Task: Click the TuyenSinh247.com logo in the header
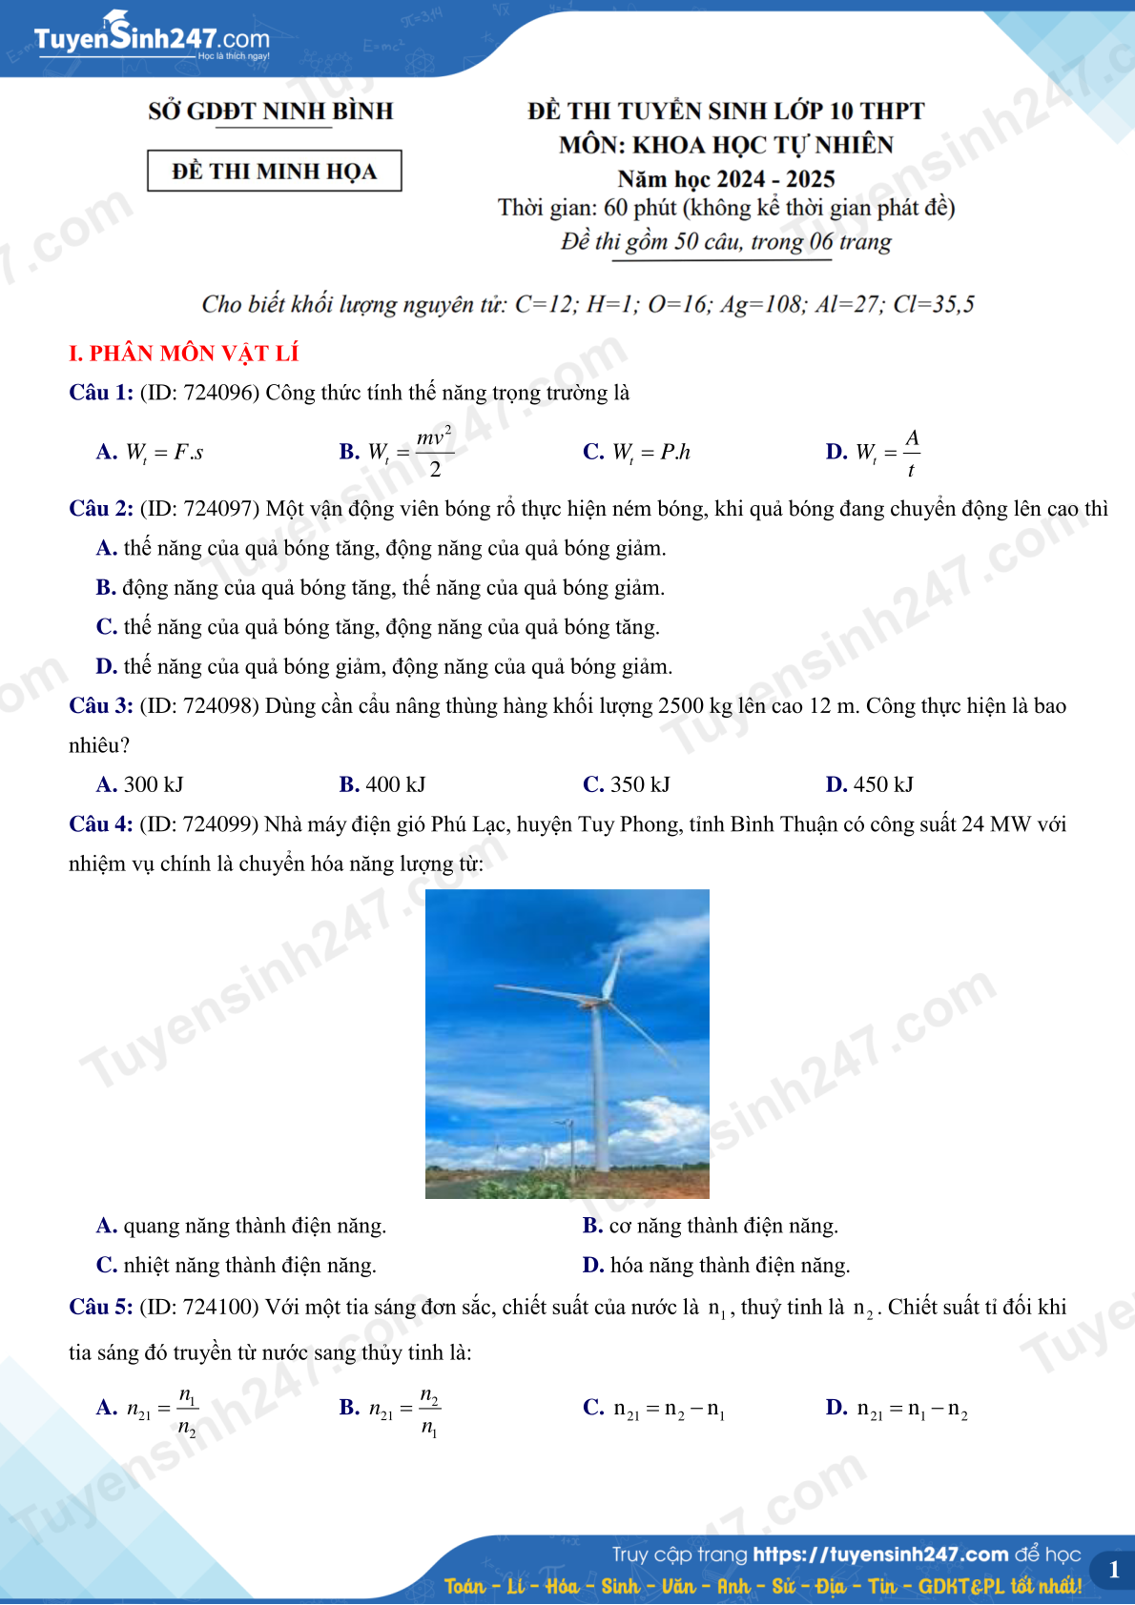(152, 37)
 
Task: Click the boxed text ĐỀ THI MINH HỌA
(275, 172)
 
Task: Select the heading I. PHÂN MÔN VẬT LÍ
(184, 354)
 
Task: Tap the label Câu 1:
(101, 393)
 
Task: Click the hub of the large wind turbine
(598, 1003)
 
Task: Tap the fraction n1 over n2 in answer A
(188, 1412)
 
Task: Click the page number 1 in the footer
(1113, 1570)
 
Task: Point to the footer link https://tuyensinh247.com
(880, 1554)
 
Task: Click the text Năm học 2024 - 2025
(726, 179)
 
